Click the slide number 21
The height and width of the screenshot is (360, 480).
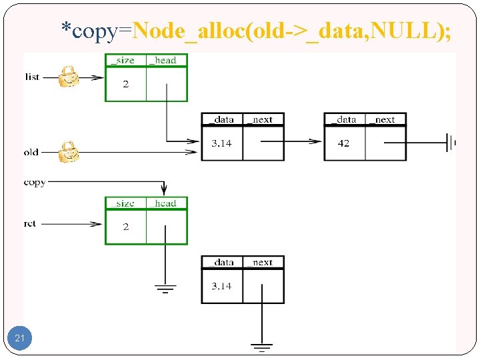click(19, 339)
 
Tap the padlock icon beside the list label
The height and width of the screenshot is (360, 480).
click(67, 77)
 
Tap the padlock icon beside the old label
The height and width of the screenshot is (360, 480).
click(67, 152)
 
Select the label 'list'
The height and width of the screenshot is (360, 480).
click(32, 77)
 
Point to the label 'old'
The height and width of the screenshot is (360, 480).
click(31, 153)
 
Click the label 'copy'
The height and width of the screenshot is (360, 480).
click(35, 182)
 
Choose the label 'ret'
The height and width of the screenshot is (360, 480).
click(31, 224)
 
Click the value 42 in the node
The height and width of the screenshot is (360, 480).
click(343, 143)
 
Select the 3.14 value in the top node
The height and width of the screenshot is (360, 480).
click(221, 143)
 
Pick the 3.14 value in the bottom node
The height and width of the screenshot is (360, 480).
click(221, 286)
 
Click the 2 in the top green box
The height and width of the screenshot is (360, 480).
click(125, 84)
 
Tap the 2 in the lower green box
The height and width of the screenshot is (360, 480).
click(125, 227)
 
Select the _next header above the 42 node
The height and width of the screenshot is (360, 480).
click(385, 120)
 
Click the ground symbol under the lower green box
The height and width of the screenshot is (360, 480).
click(165, 288)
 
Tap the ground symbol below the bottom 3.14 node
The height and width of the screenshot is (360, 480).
click(262, 347)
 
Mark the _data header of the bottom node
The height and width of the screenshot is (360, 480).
click(221, 263)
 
